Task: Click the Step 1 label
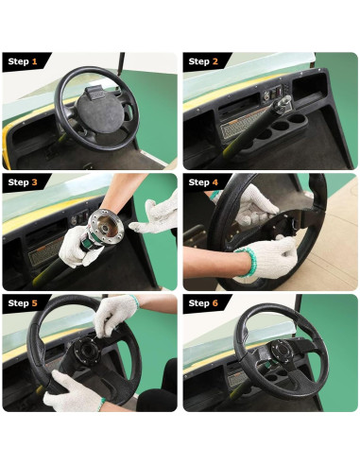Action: click(23, 61)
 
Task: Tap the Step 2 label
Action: click(203, 61)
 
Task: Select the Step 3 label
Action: click(23, 182)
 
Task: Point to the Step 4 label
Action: click(203, 182)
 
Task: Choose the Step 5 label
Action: click(23, 303)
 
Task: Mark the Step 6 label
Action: click(203, 303)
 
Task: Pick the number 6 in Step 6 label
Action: click(216, 303)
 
